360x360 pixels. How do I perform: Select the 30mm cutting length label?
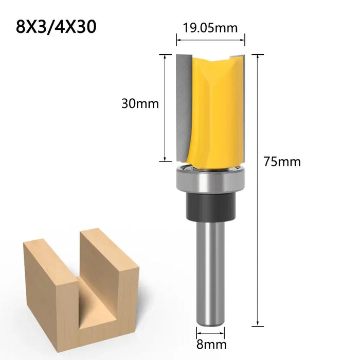(140, 103)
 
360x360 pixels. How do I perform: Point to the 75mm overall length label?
(282, 161)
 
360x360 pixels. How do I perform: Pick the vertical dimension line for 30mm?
(165, 107)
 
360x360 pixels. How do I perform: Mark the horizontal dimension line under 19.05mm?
(211, 40)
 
